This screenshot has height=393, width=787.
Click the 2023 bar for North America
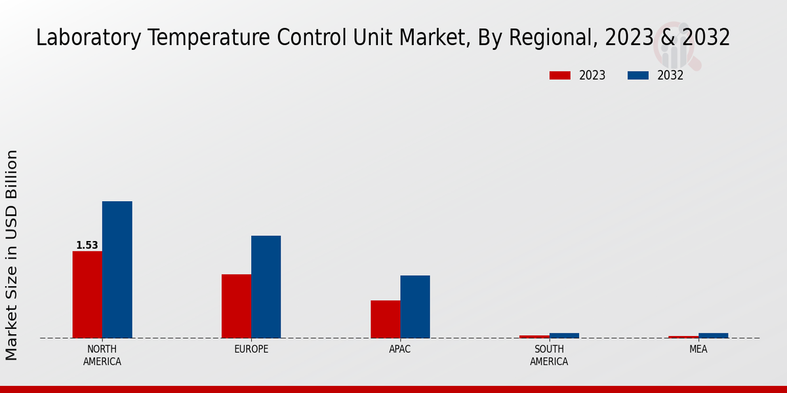[x=87, y=295]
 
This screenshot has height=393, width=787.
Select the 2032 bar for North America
[x=117, y=270]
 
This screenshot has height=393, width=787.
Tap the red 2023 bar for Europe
[x=236, y=306]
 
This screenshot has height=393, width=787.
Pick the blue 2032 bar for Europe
[x=266, y=287]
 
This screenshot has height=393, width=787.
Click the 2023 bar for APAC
[x=385, y=319]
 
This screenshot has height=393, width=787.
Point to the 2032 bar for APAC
[x=415, y=307]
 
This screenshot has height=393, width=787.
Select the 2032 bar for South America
[x=564, y=335]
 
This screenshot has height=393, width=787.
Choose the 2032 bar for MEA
[x=713, y=335]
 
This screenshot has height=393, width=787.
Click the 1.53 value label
[x=87, y=246]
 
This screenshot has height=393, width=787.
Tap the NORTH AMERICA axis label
[x=102, y=355]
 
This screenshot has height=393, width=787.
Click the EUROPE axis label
[x=251, y=349]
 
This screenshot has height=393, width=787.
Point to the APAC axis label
[x=400, y=349]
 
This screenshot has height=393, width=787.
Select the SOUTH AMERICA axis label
[x=549, y=355]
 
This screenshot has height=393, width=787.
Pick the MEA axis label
[x=698, y=349]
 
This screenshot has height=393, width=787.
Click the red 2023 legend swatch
[x=559, y=75]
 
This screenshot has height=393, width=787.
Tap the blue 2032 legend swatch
[x=637, y=75]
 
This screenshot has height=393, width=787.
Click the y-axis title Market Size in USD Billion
[x=12, y=255]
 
